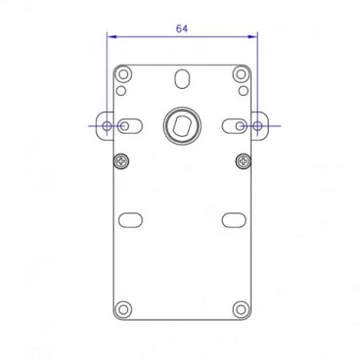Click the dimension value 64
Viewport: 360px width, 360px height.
point(182,29)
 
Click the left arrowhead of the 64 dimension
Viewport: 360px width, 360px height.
point(112,37)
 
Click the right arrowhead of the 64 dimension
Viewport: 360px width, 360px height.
point(253,37)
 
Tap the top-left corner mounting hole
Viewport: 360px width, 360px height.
point(123,74)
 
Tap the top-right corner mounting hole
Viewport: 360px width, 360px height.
point(241,74)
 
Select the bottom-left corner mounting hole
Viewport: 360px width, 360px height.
point(123,310)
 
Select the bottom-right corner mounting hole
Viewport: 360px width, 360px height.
point(241,310)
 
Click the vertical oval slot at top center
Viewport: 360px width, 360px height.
point(182,78)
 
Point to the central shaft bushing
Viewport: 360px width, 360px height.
point(182,126)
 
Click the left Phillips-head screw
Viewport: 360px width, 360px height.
point(122,161)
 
